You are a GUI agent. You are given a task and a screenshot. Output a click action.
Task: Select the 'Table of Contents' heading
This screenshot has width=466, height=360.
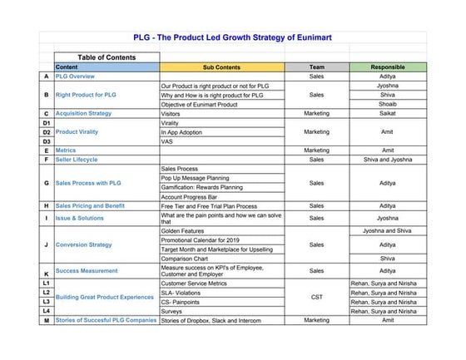(106, 57)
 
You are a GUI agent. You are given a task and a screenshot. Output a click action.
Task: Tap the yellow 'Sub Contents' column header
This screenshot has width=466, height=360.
(221, 67)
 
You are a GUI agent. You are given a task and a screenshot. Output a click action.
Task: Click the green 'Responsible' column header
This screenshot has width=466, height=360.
(388, 67)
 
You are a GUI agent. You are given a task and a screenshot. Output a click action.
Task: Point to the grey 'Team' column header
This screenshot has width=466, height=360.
(316, 67)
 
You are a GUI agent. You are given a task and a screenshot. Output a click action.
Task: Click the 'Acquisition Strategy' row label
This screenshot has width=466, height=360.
(83, 113)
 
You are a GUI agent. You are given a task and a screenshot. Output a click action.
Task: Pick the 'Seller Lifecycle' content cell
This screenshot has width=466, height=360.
(77, 159)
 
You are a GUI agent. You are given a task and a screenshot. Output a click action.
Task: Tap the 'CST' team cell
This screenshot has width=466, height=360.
(316, 297)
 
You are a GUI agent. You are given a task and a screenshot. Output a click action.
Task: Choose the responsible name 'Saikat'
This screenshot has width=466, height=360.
(388, 113)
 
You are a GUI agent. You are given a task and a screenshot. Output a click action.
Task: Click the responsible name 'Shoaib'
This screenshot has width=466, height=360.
(388, 104)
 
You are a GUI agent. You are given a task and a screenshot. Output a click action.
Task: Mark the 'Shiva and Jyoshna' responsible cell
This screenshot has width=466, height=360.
(388, 159)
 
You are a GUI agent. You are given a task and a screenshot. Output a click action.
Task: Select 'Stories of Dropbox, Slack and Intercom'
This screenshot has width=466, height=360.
(211, 320)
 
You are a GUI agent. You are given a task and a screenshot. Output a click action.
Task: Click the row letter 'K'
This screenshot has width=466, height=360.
(46, 274)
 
